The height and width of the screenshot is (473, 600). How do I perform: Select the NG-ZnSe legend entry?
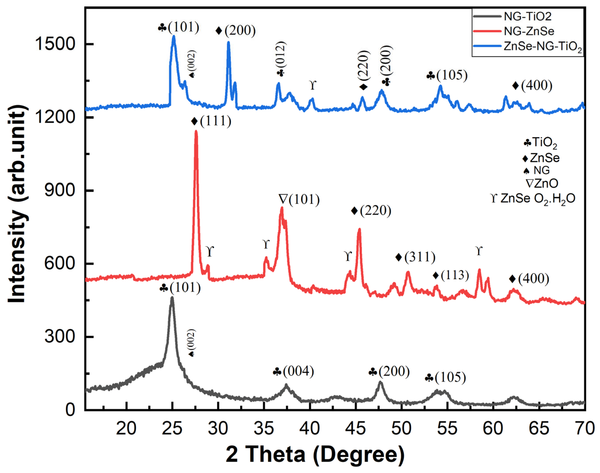coord(529,31)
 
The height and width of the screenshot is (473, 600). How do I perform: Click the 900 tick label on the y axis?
coord(60,190)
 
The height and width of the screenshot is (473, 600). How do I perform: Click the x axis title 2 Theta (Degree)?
coord(315,454)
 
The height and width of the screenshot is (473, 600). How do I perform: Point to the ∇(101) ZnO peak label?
coord(299,199)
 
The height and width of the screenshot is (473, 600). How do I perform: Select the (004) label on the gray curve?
coord(298,371)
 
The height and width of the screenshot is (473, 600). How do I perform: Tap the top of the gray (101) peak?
coord(172,298)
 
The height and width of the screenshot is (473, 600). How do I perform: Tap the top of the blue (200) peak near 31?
coord(228,42)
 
